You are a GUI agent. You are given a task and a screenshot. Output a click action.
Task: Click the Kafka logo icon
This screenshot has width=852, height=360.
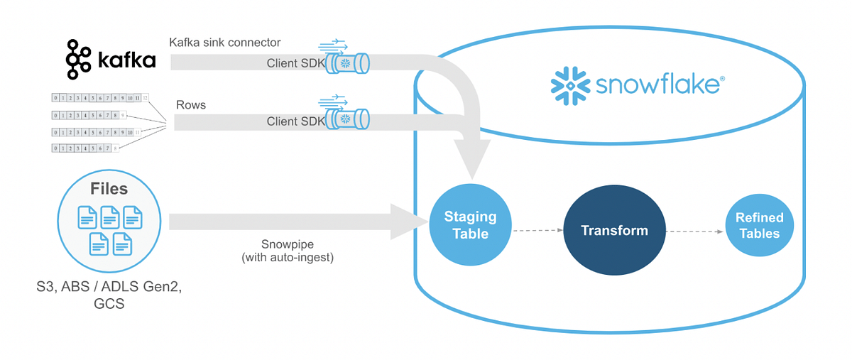point(78,59)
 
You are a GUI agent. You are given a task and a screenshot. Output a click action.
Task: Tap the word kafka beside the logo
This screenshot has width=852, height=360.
point(126,60)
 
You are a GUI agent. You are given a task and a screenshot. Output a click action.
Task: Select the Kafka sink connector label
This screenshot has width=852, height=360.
point(224,43)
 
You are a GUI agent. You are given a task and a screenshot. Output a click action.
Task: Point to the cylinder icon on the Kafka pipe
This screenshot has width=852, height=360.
point(349,63)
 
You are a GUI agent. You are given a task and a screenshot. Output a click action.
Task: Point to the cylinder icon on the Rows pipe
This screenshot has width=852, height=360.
point(349,119)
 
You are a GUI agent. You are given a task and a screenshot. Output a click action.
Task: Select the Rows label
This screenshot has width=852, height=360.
point(191,104)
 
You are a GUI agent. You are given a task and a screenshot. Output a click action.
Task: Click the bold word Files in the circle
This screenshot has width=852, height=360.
point(109,189)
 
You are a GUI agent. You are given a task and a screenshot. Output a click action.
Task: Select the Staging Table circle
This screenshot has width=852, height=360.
point(470,225)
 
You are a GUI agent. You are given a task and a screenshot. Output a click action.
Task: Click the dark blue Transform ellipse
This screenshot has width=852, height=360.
point(613,230)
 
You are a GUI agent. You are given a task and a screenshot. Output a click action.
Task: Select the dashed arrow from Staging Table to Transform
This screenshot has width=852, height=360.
point(536,230)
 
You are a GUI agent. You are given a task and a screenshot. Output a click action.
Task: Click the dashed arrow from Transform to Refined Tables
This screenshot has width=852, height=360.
point(696,230)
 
